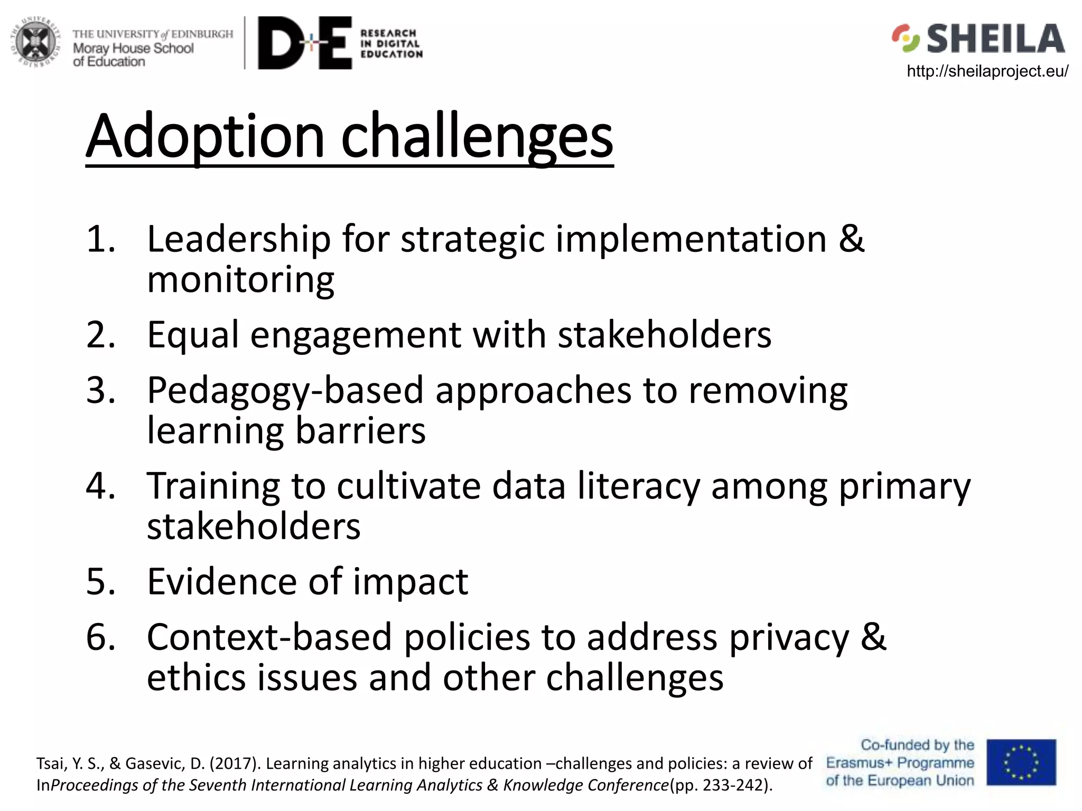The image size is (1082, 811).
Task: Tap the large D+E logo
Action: (x=305, y=43)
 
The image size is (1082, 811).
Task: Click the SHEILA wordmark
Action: (x=995, y=39)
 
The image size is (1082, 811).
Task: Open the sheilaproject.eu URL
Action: (x=987, y=71)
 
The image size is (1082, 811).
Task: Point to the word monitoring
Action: (x=240, y=280)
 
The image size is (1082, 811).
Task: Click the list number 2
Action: (x=100, y=335)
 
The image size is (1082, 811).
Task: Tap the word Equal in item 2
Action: (x=193, y=335)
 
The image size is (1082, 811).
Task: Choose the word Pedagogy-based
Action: (x=285, y=391)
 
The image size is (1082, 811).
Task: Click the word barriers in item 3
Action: (x=360, y=431)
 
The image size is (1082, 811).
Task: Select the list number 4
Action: (x=100, y=486)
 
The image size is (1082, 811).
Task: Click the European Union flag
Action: (x=1021, y=762)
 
